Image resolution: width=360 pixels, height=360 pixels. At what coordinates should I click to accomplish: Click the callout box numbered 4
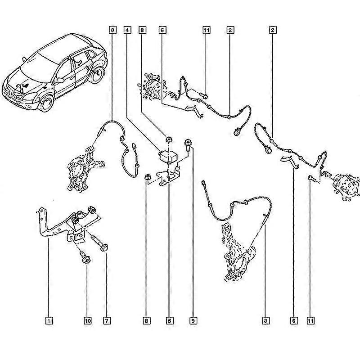click(127, 30)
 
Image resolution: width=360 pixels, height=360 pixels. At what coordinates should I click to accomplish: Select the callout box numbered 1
click(49, 320)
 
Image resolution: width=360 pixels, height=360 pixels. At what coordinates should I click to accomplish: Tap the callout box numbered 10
click(88, 320)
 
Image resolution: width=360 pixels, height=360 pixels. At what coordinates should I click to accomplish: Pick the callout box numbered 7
click(107, 320)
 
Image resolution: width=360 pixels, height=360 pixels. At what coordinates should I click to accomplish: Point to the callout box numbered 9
click(193, 320)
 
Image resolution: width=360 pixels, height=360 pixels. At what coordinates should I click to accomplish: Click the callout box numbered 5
click(170, 320)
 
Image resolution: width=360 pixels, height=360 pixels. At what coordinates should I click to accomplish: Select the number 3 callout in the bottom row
click(265, 320)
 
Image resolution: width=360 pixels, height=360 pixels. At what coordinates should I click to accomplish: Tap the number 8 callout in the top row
click(142, 30)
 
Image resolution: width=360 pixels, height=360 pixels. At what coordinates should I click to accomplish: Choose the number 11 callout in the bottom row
click(310, 320)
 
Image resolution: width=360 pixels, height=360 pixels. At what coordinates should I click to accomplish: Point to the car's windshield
click(38, 69)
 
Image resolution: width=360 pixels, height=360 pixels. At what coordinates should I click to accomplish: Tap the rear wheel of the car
click(97, 75)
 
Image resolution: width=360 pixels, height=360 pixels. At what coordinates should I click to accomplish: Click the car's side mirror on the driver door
click(60, 80)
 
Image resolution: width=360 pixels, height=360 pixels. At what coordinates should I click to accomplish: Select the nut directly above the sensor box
click(169, 139)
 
